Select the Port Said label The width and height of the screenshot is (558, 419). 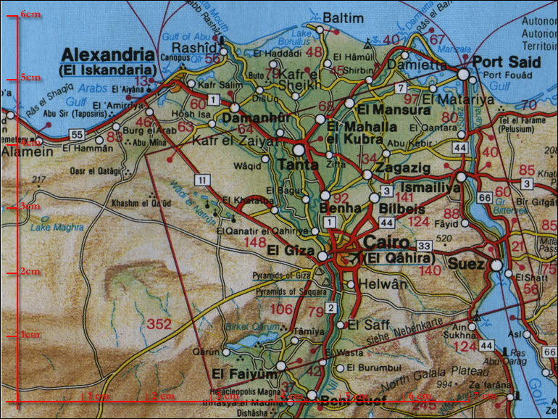[x=507, y=62]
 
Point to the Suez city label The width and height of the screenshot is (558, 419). [x=466, y=265]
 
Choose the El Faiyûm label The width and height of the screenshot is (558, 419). [x=235, y=374]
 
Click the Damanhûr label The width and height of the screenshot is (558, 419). [x=251, y=117]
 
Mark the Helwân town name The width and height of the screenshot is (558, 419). [x=383, y=284]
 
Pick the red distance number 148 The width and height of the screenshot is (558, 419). [x=256, y=241]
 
